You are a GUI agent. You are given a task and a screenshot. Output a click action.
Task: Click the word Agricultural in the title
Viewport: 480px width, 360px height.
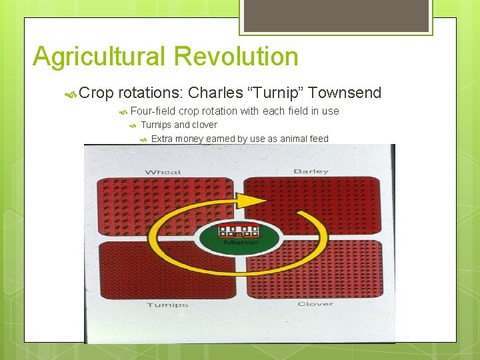[98, 57]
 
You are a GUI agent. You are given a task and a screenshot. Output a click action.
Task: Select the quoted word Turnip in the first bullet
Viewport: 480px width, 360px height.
[275, 93]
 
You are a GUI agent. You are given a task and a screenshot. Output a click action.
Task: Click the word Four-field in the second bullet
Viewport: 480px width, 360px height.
[153, 111]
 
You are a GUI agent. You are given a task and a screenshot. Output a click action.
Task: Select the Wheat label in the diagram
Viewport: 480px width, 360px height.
[163, 172]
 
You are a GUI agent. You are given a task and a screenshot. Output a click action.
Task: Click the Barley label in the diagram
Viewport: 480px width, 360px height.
[311, 171]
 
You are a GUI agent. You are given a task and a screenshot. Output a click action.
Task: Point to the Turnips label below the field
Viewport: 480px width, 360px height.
[167, 305]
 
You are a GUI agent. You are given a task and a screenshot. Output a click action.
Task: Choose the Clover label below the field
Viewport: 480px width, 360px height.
[315, 304]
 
